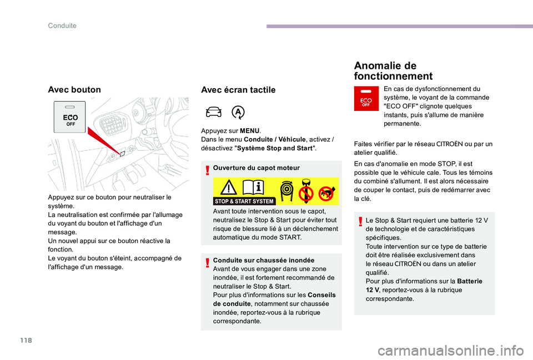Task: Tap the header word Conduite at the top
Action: (x=62, y=26)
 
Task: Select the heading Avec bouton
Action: (x=75, y=89)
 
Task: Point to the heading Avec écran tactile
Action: (x=238, y=90)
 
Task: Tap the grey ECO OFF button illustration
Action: (x=69, y=116)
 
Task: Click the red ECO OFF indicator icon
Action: (x=365, y=99)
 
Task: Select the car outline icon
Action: (x=214, y=112)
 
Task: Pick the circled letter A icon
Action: (x=238, y=112)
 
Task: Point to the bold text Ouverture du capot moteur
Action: (x=256, y=168)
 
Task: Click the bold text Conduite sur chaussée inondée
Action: (x=263, y=260)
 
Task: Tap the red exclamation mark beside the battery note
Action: (x=360, y=222)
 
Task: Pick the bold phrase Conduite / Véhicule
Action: (x=275, y=139)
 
